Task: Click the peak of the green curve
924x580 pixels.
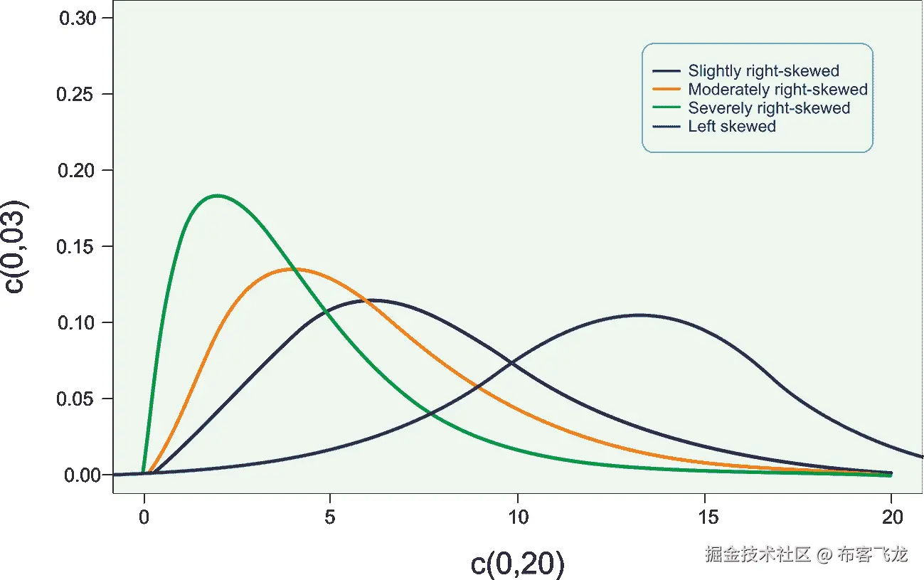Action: [x=216, y=196]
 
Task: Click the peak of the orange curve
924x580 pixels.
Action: [x=294, y=269]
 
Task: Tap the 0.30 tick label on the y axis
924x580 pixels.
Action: [x=78, y=19]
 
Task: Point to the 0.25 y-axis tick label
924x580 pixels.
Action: [x=78, y=95]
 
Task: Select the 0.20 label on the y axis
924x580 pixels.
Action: [x=78, y=171]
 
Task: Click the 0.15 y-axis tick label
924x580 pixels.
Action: [x=78, y=247]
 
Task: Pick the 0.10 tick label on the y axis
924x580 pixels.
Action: [x=78, y=323]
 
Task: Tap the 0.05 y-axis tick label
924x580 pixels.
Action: [x=78, y=399]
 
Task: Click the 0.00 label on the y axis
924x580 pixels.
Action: [x=78, y=475]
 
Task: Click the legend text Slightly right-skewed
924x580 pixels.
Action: [x=763, y=71]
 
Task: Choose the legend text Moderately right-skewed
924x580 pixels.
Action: [x=777, y=90]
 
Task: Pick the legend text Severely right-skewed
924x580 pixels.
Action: [x=769, y=108]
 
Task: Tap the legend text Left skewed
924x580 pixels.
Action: [x=732, y=127]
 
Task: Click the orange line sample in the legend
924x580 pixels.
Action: [x=667, y=90]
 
